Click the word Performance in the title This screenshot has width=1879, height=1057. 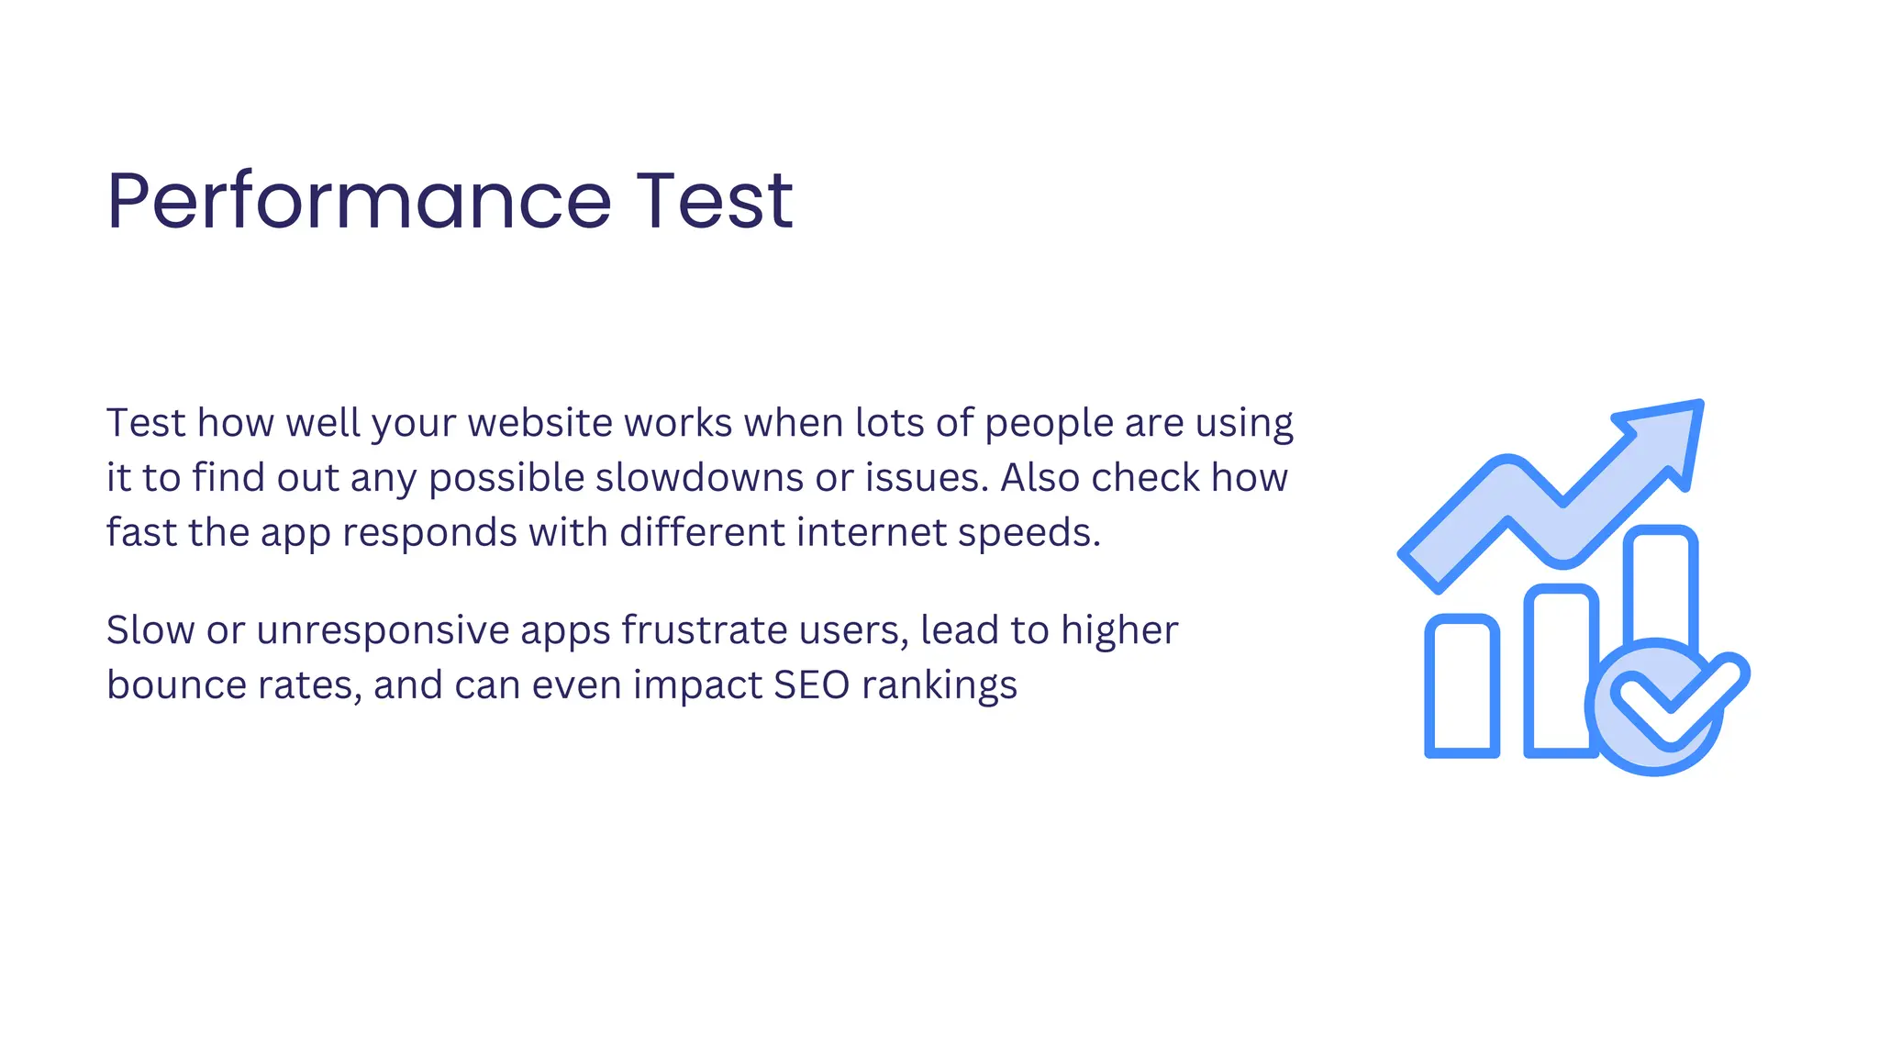tap(359, 201)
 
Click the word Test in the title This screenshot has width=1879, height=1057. tap(715, 201)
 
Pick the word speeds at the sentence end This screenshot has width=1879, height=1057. tap(1028, 533)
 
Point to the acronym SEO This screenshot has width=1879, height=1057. tap(812, 685)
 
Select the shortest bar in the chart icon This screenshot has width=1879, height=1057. tap(1462, 688)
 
